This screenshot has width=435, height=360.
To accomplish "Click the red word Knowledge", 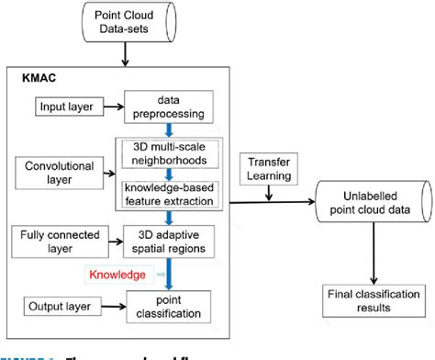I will [117, 275].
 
